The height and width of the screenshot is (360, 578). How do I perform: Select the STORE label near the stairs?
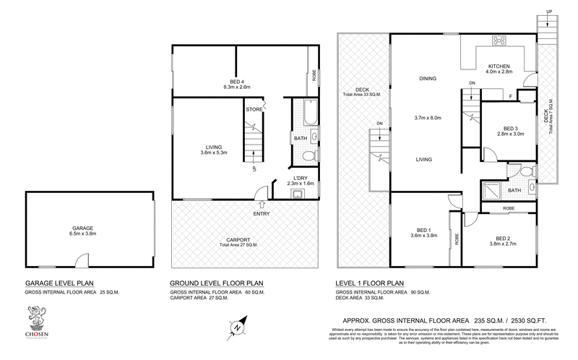coord(254,110)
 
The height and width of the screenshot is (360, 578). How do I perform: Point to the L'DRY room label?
coord(301,179)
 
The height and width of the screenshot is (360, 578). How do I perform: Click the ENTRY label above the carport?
coord(262,214)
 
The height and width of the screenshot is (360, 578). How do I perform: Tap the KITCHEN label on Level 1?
coord(499,64)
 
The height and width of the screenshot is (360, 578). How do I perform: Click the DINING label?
coord(428,79)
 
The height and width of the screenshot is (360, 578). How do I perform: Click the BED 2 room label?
coord(504,239)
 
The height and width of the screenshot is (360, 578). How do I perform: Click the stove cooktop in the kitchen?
coord(499,39)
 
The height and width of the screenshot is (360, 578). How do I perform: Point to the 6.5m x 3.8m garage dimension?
coord(81,234)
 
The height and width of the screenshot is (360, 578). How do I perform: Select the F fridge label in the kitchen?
coord(511,96)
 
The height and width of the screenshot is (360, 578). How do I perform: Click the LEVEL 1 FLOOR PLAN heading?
coord(372,283)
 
